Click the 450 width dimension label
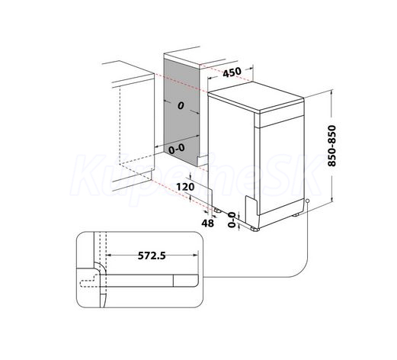tap(232, 72)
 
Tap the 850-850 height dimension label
tap(331, 146)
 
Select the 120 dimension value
tap(185, 187)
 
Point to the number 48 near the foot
tap(208, 223)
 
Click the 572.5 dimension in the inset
tap(152, 256)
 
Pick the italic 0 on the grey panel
tap(181, 105)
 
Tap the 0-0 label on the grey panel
tap(177, 149)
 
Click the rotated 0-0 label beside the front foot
tap(232, 220)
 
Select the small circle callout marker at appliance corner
tap(308, 201)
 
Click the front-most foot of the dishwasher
tap(255, 229)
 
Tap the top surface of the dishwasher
tap(256, 96)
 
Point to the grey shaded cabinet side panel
tap(181, 113)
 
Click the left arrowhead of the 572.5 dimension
tap(107, 255)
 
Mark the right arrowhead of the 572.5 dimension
tap(196, 255)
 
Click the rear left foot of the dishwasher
tap(217, 210)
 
